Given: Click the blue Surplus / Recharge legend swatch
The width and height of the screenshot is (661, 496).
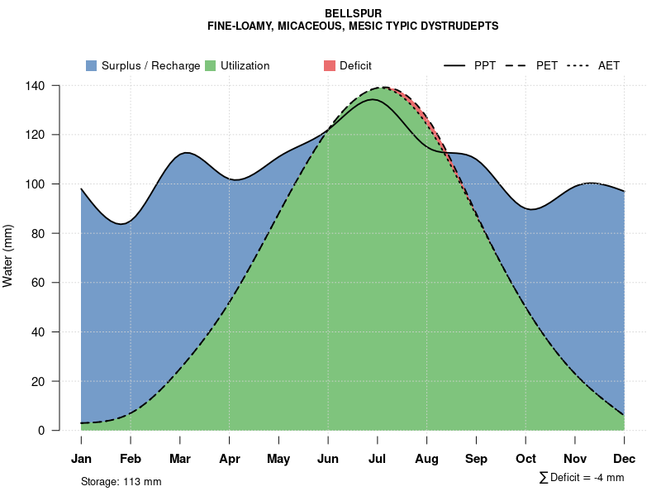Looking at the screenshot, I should click(x=91, y=65).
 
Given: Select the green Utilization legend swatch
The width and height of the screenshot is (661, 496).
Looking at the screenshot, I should click(x=210, y=65).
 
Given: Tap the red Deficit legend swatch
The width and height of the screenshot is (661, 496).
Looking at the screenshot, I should click(x=329, y=65).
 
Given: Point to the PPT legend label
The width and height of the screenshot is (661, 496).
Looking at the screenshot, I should click(x=485, y=65).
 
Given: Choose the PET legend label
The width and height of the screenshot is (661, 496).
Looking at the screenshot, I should click(x=547, y=65).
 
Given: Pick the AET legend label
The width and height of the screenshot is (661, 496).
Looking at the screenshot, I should click(x=609, y=65).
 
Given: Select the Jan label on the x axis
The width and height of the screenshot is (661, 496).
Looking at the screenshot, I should click(x=81, y=459).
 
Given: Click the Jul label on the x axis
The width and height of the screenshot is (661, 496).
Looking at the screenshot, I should click(x=378, y=459).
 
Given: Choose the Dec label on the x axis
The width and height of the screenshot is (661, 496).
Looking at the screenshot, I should click(x=625, y=459).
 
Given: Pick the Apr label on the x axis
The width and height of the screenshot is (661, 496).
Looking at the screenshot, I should click(x=230, y=459).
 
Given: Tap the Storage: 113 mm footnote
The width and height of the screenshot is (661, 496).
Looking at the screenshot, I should click(x=121, y=481).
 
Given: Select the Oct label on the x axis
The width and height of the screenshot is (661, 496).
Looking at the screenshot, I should click(x=525, y=459).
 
